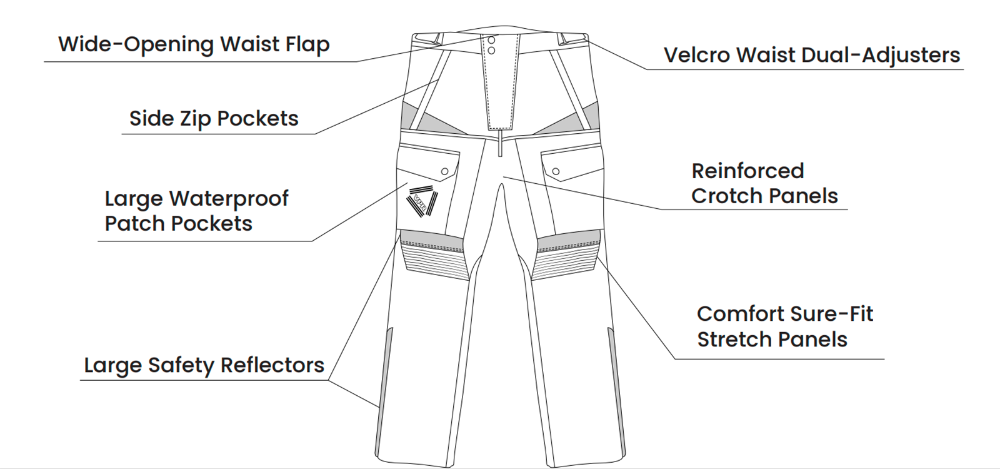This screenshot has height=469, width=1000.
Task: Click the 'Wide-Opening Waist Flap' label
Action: [194, 44]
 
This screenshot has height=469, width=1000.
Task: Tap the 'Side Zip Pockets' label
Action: [214, 118]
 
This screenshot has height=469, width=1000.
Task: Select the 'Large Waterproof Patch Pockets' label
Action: [196, 211]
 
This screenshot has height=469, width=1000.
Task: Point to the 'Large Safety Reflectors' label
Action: [204, 365]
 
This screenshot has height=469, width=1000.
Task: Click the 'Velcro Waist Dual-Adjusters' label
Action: [811, 55]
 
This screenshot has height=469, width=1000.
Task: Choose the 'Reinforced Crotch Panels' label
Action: [764, 183]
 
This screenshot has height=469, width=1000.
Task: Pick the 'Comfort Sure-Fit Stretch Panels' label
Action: [784, 326]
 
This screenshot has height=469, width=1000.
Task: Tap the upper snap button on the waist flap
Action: [491, 41]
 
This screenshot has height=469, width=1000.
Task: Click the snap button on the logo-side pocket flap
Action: [445, 171]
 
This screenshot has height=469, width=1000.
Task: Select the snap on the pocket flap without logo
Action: [556, 171]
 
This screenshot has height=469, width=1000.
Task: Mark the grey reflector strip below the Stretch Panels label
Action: [616, 381]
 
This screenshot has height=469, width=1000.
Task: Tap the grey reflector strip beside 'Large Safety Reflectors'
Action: [386, 369]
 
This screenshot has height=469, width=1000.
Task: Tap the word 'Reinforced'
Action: [747, 171]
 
